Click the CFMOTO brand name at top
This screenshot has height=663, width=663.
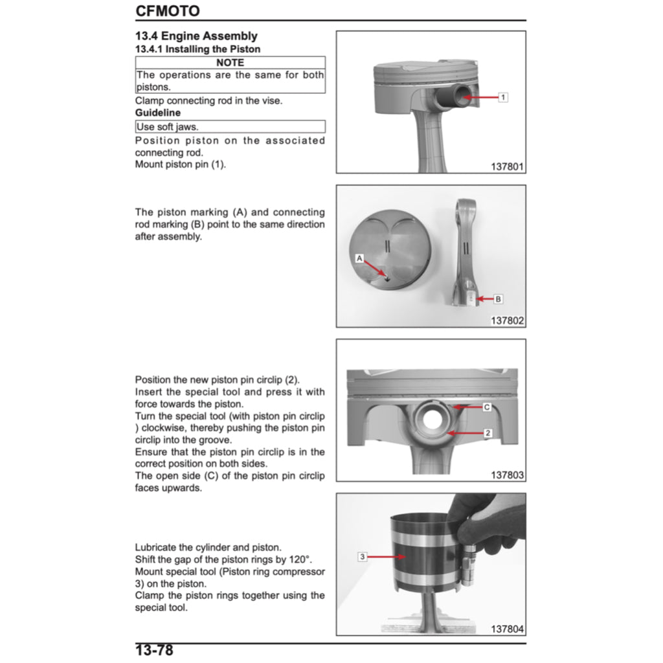pos(167,11)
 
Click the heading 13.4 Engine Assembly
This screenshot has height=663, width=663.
pos(196,36)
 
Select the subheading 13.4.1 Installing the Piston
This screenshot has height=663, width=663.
pos(197,49)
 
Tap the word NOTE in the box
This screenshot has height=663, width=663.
pos(230,63)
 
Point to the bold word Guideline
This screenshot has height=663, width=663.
pos(158,113)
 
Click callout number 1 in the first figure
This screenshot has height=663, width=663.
pos(503,97)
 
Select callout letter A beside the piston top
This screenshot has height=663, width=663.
pos(359,258)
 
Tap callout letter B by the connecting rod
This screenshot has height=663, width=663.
pos(498,299)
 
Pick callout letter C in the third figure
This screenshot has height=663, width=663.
pos(487,407)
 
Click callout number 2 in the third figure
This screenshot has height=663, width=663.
pos(487,433)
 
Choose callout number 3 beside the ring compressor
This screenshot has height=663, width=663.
pos(363,556)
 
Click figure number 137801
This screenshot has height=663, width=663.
pos(507,166)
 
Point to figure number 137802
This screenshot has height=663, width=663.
pos(507,320)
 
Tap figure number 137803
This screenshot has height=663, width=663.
pos(507,475)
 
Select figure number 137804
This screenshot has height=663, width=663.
pos(507,629)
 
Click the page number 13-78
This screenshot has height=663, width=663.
pos(154,650)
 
